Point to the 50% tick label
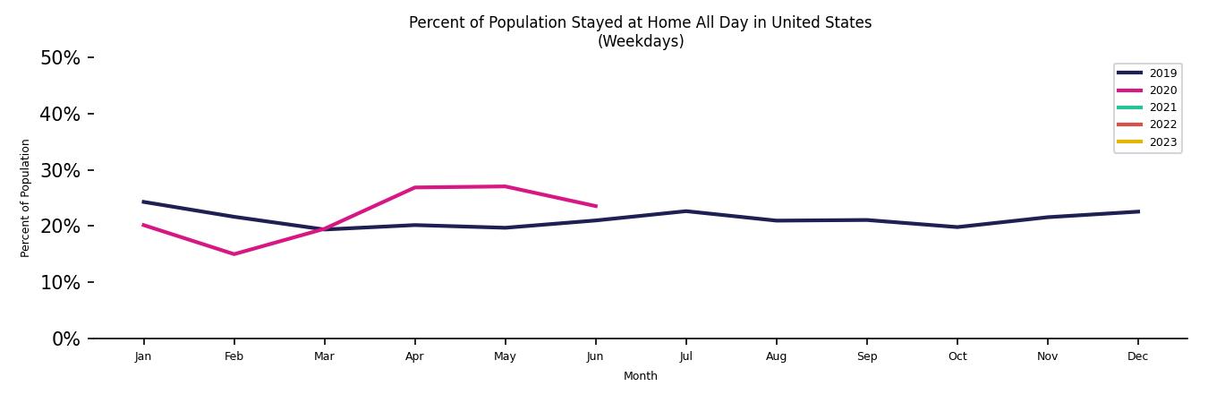(x=60, y=58)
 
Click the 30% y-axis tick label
(x=60, y=170)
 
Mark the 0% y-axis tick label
(x=65, y=339)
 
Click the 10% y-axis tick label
(x=60, y=282)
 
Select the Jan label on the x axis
(x=143, y=356)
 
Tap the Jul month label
(x=685, y=356)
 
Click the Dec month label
(x=1137, y=356)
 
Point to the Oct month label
(x=957, y=356)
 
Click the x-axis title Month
(x=641, y=376)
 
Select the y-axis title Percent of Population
(x=26, y=198)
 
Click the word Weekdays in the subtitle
(x=641, y=42)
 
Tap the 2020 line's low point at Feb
(x=234, y=254)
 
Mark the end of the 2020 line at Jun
(x=596, y=206)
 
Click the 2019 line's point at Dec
(x=1138, y=211)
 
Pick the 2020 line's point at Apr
(x=414, y=187)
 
